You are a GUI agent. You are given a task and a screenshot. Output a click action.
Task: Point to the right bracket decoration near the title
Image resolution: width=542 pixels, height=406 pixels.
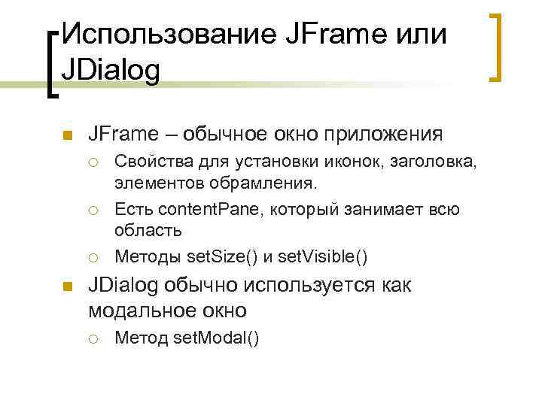[495, 46]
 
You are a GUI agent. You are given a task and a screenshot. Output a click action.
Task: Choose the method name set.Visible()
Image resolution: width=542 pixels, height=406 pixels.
[323, 257]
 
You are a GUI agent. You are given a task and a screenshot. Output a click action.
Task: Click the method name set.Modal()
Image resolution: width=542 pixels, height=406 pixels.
[216, 339]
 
